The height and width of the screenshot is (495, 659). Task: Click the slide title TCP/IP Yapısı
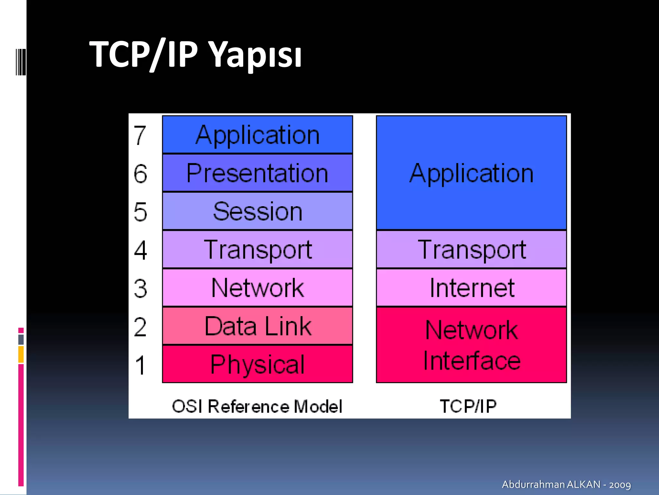pyautogui.click(x=195, y=54)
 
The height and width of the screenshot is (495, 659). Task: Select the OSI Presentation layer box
pyautogui.click(x=257, y=173)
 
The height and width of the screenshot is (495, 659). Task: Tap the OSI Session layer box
pyautogui.click(x=257, y=211)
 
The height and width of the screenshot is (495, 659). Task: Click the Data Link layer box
pyautogui.click(x=257, y=326)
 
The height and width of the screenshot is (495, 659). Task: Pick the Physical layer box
pyautogui.click(x=257, y=364)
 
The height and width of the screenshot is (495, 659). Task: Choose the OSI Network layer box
pyautogui.click(x=257, y=288)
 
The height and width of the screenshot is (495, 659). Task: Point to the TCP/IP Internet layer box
pyautogui.click(x=471, y=288)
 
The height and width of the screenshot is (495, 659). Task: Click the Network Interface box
pyautogui.click(x=471, y=345)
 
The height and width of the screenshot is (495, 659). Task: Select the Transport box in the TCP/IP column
pyautogui.click(x=471, y=249)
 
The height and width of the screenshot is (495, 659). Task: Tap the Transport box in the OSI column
pyautogui.click(x=257, y=249)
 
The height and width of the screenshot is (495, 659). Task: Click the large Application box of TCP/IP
pyautogui.click(x=471, y=173)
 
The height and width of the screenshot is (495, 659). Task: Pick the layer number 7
pyautogui.click(x=140, y=135)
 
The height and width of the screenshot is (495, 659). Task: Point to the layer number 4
pyautogui.click(x=141, y=250)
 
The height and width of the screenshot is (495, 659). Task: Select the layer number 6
pyautogui.click(x=141, y=174)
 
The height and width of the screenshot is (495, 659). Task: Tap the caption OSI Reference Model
pyautogui.click(x=257, y=406)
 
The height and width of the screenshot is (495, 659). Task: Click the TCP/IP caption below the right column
pyautogui.click(x=468, y=406)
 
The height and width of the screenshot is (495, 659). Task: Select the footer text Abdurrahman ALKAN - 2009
pyautogui.click(x=566, y=484)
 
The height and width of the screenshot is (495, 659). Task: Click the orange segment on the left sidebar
pyautogui.click(x=21, y=354)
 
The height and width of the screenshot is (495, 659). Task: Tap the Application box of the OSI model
pyautogui.click(x=257, y=135)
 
